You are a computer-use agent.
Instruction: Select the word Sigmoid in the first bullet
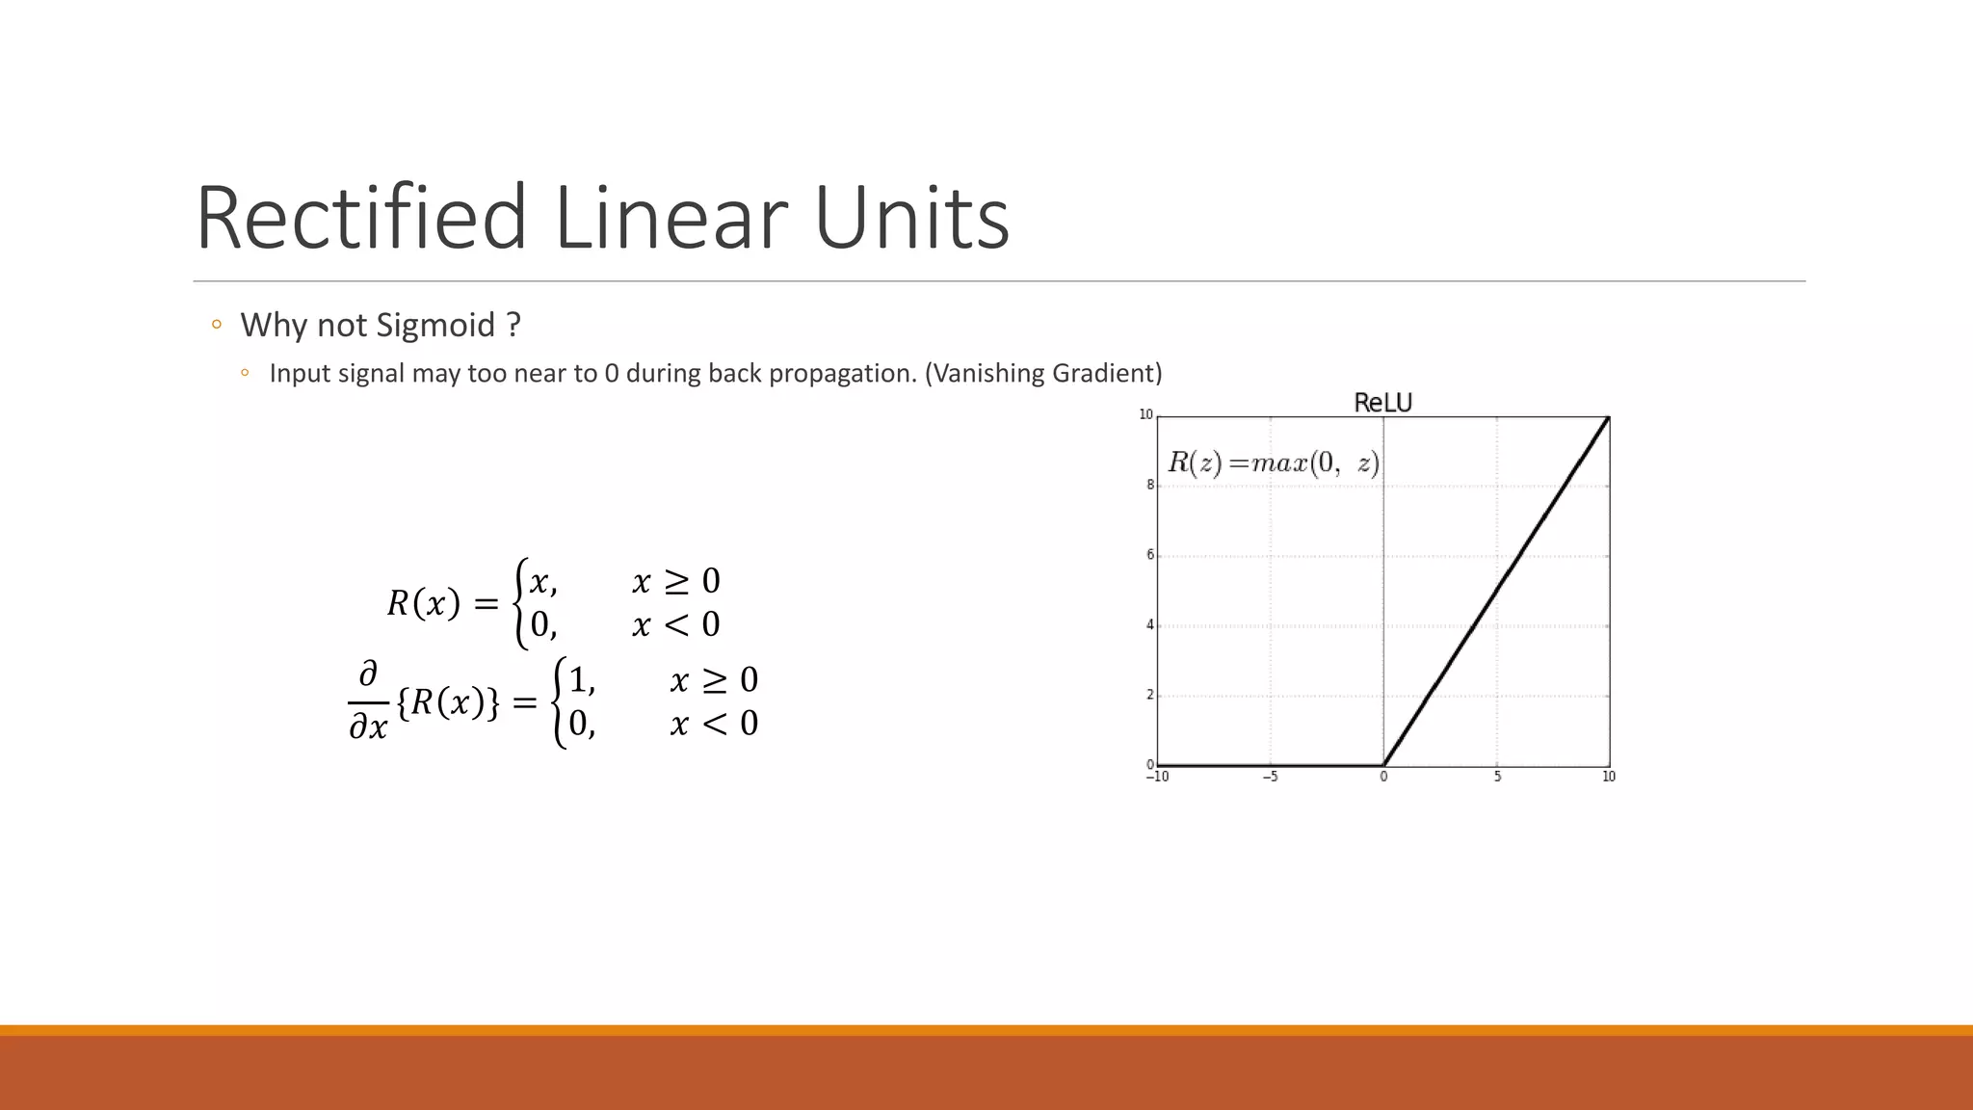(435, 326)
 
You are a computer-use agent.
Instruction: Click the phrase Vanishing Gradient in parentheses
(1043, 373)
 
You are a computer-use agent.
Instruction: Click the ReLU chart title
(1382, 403)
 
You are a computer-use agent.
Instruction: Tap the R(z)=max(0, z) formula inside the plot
(1274, 463)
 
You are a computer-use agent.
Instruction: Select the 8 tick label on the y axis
(1149, 486)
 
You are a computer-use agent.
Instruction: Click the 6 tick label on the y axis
(1149, 555)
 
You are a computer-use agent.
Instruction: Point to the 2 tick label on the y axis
(1149, 695)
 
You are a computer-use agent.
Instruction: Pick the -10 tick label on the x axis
(1157, 777)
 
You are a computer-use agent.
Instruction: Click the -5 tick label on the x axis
(1270, 777)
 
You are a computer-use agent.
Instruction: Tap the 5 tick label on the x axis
(1497, 777)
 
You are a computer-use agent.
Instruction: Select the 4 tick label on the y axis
(1149, 625)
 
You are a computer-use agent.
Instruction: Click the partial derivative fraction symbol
(368, 700)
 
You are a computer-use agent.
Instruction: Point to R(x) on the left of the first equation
(424, 604)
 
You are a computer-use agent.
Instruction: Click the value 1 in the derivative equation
(578, 680)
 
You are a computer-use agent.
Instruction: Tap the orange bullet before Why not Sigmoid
(217, 325)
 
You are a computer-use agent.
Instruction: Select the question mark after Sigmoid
(513, 326)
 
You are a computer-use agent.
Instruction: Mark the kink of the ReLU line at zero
(1383, 765)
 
